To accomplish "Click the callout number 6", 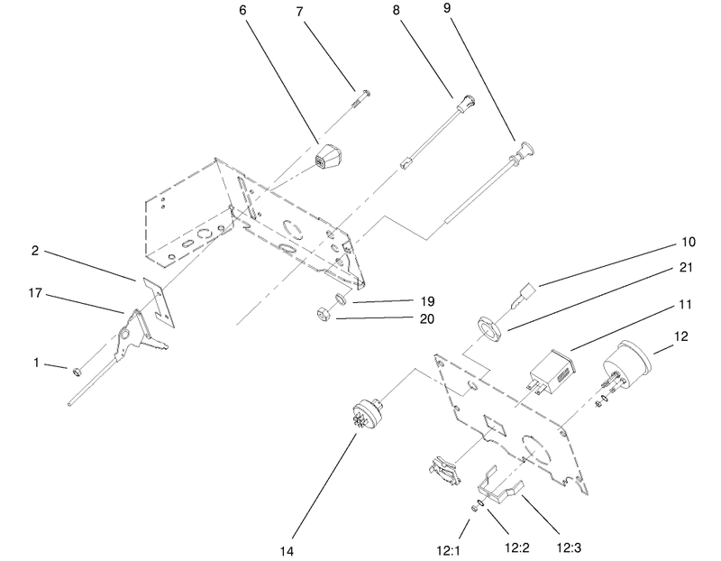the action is pos(242,10).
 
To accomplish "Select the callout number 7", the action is pos(300,12).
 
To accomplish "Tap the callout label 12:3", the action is pos(569,547).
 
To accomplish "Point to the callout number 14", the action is pos(287,551).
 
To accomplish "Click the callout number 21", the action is pos(686,267).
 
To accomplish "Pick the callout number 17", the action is pos(35,293).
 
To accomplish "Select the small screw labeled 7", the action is pos(361,99).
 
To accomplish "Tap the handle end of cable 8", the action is pos(464,102).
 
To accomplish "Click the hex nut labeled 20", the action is pos(323,313).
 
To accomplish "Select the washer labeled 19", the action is pos(341,299).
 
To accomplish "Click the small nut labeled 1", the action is pos(77,371).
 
